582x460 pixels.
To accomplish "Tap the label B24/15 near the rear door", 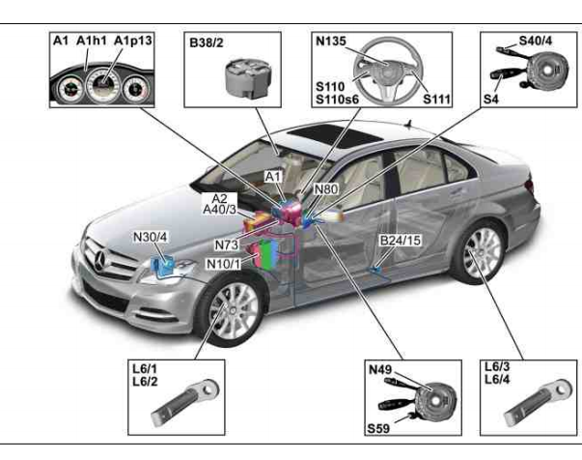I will [x=398, y=241].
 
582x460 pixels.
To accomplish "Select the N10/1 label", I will [x=223, y=263].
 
